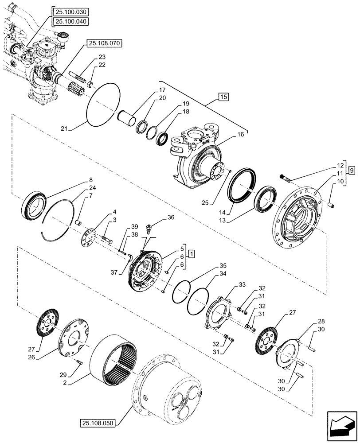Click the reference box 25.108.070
(105, 43)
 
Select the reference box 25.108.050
(98, 423)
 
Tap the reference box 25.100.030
(70, 12)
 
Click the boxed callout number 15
(223, 97)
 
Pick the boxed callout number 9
(351, 170)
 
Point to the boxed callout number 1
(191, 253)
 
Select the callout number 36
(172, 218)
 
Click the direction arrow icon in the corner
(342, 426)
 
